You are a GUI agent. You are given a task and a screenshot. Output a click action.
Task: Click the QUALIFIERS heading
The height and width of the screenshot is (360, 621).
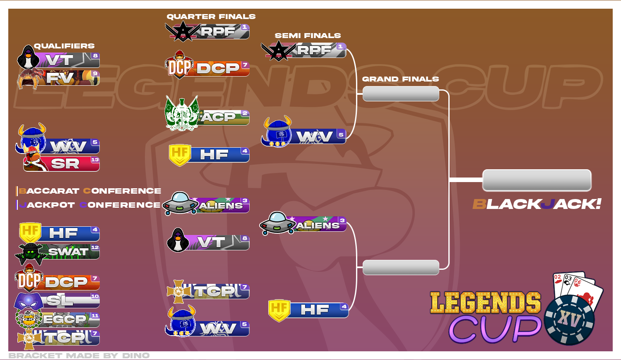64,46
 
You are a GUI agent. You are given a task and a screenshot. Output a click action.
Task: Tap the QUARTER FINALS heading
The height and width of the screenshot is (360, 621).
211,17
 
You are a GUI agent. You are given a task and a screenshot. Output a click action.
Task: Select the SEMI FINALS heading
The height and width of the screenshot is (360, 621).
308,36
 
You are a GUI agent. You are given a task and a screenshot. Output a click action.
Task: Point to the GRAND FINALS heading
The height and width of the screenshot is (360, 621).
400,79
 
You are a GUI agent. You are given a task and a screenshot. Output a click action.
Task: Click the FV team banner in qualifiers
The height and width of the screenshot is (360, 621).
59,78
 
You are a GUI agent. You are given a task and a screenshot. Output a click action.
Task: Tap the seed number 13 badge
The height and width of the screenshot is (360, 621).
95,160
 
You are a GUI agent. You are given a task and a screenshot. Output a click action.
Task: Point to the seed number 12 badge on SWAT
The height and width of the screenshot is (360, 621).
95,247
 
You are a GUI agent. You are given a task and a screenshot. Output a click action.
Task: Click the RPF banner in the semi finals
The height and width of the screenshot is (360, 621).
303,50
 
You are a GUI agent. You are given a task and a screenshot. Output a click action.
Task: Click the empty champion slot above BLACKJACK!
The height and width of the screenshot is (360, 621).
537,180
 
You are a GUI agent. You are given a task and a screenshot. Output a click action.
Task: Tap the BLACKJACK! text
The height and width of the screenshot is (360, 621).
537,204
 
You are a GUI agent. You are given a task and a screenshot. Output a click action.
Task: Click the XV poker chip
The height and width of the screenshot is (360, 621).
569,320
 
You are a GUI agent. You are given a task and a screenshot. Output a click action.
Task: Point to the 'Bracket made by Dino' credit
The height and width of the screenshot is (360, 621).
79,355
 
